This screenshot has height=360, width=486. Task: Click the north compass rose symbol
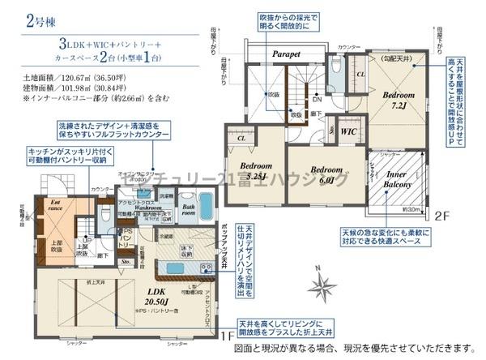(x=323, y=286)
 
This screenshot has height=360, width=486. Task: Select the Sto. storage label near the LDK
(x=126, y=263)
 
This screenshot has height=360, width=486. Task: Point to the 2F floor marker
(x=441, y=216)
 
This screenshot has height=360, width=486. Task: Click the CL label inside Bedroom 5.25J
(x=241, y=139)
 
